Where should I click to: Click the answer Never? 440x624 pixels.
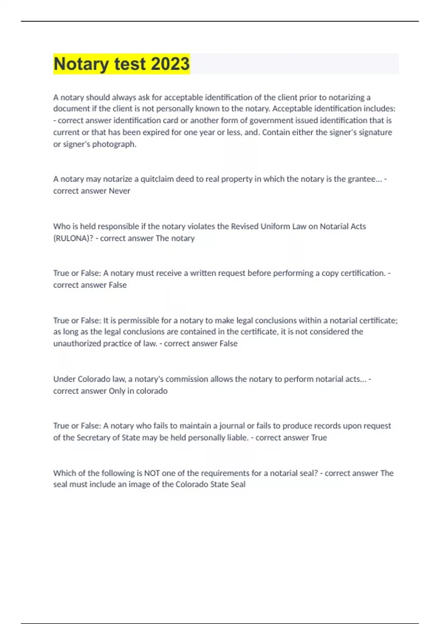(x=120, y=191)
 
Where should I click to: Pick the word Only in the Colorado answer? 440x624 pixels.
(x=117, y=391)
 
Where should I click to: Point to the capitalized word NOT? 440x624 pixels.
(x=152, y=473)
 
